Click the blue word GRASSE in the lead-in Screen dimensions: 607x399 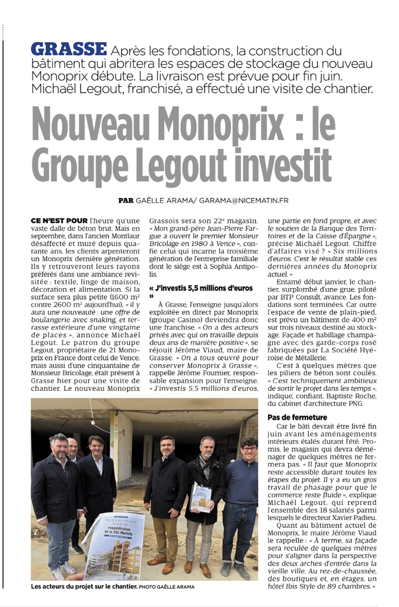pos(69,49)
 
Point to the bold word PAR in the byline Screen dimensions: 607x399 pos(126,200)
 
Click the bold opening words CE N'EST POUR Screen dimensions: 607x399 pos(59,221)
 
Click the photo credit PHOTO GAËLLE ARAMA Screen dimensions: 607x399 pos(167,587)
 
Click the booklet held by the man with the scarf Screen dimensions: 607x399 pos(200,496)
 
